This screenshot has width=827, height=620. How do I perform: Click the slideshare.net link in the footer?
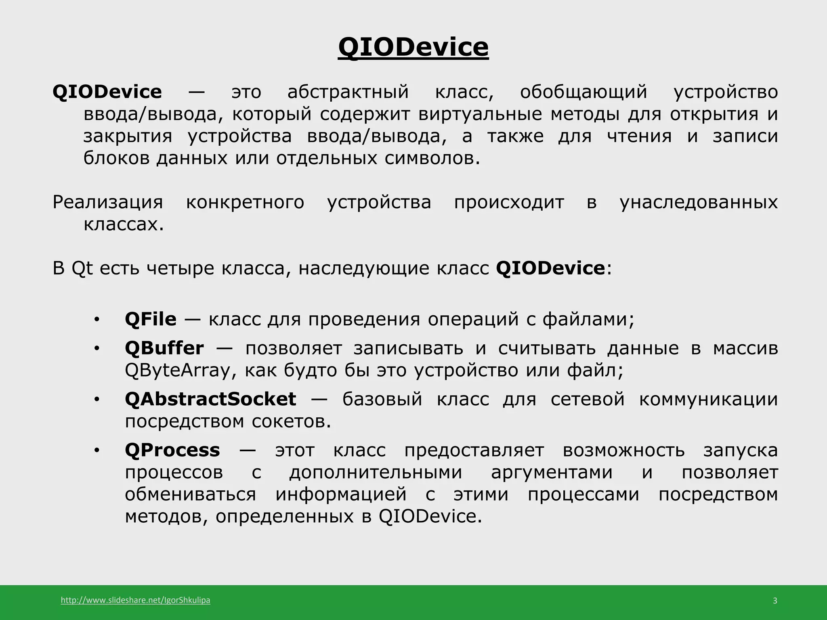pyautogui.click(x=135, y=600)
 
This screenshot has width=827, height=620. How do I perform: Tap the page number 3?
pyautogui.click(x=775, y=601)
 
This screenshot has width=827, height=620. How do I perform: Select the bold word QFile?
pyautogui.click(x=151, y=319)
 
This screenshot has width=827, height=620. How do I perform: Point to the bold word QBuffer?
pyautogui.click(x=164, y=348)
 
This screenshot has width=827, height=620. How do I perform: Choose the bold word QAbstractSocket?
pyautogui.click(x=210, y=399)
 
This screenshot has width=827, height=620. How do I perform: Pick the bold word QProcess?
pyautogui.click(x=172, y=450)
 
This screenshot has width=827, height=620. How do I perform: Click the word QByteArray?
pyautogui.click(x=177, y=371)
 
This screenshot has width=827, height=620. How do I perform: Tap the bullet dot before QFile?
pyautogui.click(x=96, y=320)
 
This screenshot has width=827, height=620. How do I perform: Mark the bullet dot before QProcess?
pyautogui.click(x=96, y=451)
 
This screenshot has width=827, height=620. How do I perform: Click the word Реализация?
pyautogui.click(x=108, y=202)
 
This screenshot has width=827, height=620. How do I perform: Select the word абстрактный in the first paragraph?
pyautogui.click(x=348, y=92)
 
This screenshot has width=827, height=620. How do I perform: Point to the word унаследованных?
pyautogui.click(x=699, y=202)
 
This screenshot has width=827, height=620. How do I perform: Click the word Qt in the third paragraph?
pyautogui.click(x=82, y=269)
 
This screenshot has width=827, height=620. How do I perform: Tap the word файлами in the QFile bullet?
pyautogui.click(x=585, y=319)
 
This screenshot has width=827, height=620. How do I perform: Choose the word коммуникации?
pyautogui.click(x=708, y=399)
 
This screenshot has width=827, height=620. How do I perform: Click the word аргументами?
pyautogui.click(x=552, y=472)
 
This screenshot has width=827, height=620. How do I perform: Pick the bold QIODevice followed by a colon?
pyautogui.click(x=550, y=268)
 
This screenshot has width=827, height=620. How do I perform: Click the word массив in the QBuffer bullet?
pyautogui.click(x=745, y=348)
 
